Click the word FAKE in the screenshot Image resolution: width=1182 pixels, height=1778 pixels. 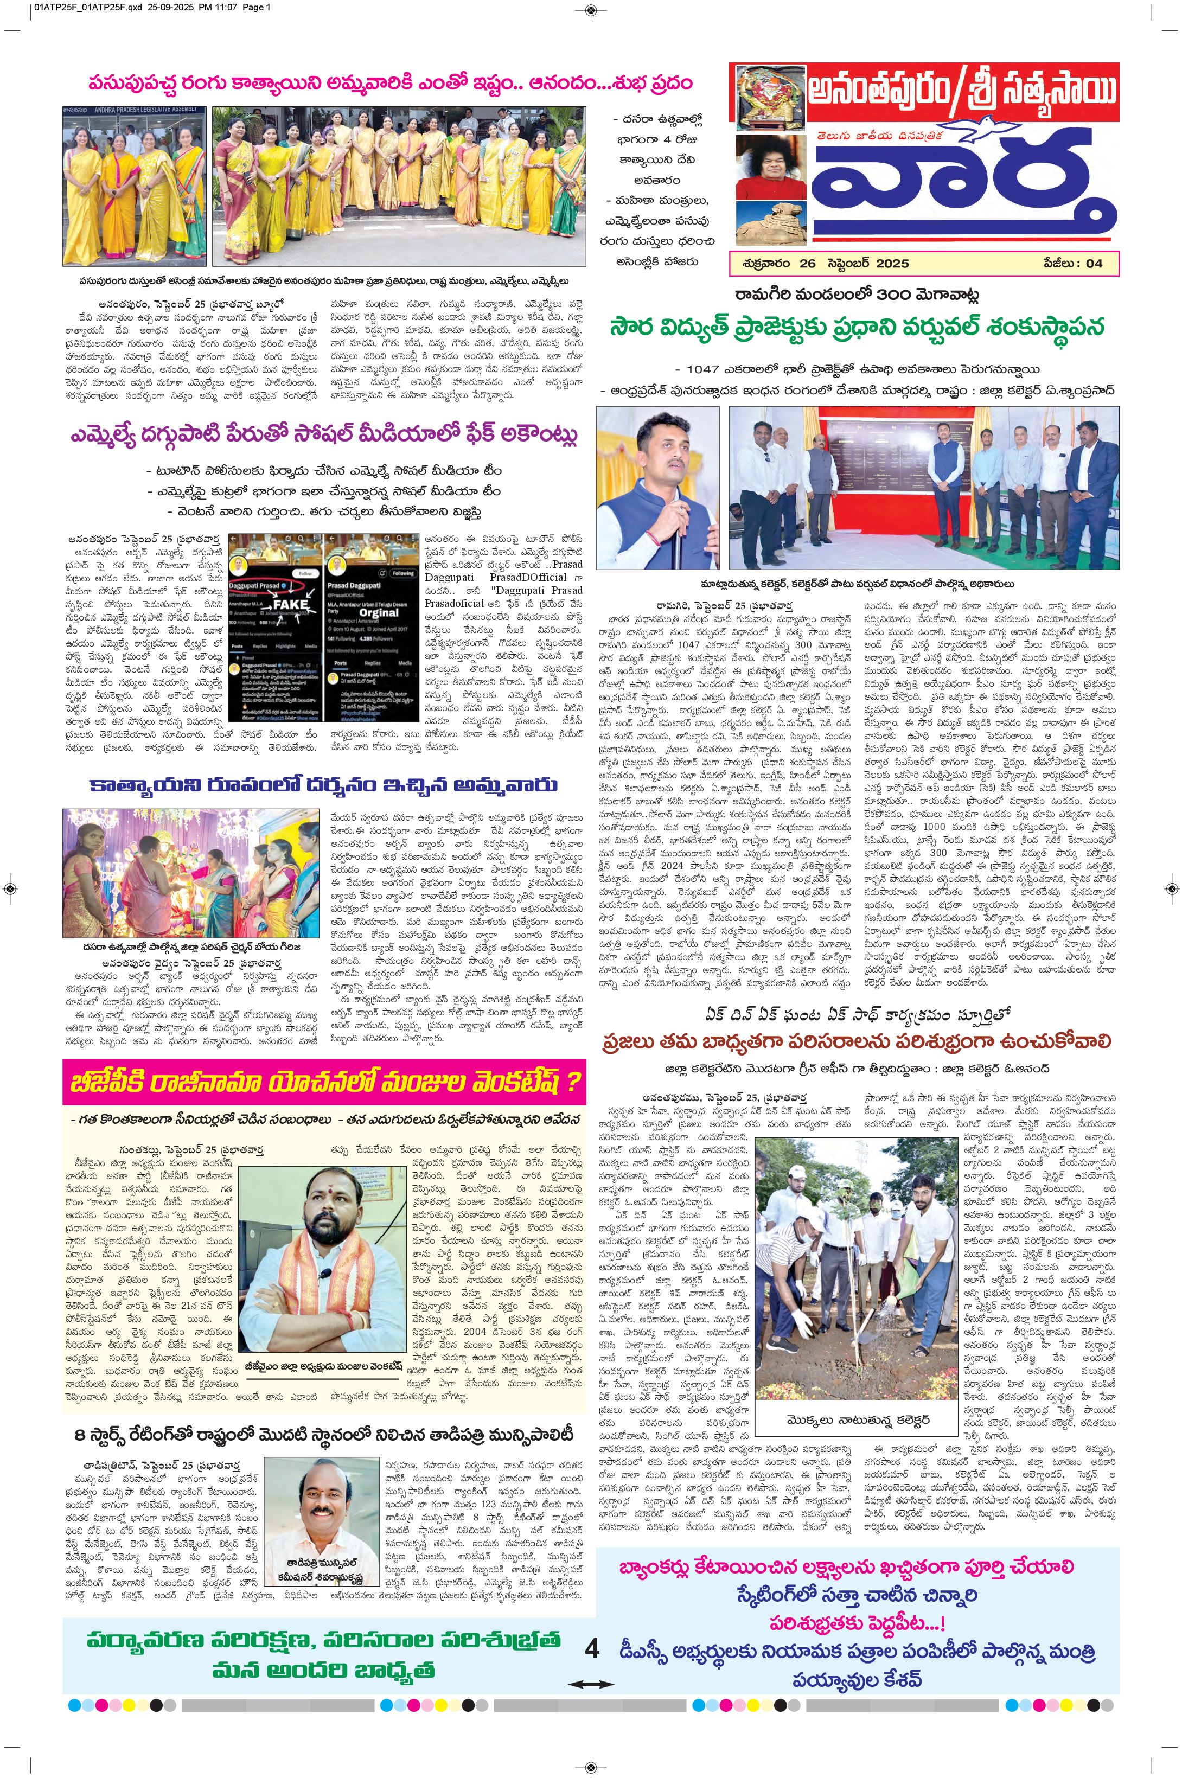pyautogui.click(x=291, y=604)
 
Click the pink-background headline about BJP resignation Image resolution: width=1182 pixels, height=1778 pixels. pyautogui.click(x=324, y=1082)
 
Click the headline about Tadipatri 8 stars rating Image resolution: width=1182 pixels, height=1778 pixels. pyautogui.click(x=324, y=1433)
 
